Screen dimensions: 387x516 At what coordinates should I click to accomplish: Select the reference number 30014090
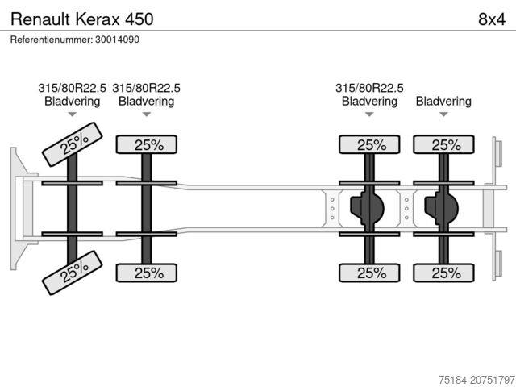(x=74, y=39)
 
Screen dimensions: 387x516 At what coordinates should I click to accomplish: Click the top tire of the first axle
(x=73, y=144)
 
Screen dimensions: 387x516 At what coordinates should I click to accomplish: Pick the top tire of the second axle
(x=148, y=145)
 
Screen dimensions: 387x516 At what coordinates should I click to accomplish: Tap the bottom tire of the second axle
(x=148, y=273)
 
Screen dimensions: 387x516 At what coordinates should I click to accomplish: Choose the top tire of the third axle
(x=370, y=145)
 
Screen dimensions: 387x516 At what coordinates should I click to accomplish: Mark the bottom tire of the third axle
(x=370, y=273)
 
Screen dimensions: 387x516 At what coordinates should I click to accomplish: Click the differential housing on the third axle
(x=368, y=209)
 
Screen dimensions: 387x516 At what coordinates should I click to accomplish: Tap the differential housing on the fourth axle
(x=442, y=209)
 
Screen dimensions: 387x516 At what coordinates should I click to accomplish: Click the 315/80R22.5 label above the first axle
(x=72, y=89)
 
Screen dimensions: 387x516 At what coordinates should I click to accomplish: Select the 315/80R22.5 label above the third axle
(x=369, y=89)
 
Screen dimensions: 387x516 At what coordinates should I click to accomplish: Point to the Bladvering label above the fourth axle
(x=443, y=102)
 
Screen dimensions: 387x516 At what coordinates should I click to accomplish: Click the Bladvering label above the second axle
(x=146, y=102)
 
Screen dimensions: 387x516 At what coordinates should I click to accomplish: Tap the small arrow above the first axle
(x=72, y=115)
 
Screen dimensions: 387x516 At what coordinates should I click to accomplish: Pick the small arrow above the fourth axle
(x=443, y=115)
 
